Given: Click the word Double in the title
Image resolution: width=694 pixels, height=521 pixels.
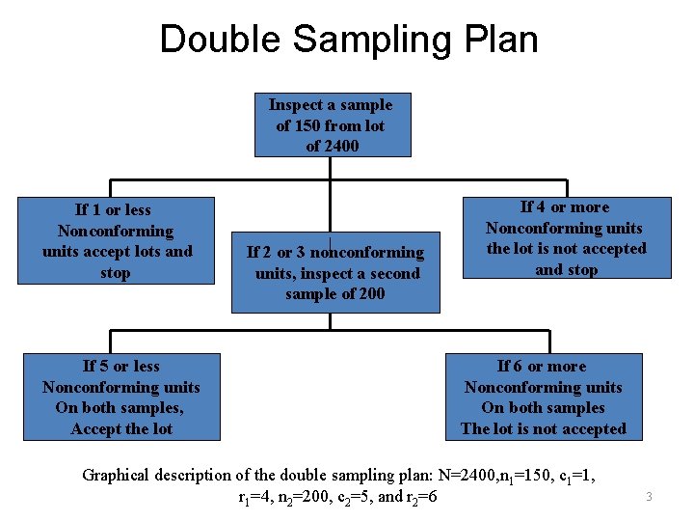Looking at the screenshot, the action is [x=220, y=40].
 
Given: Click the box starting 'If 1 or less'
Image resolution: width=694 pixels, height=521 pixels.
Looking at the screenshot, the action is [x=118, y=241].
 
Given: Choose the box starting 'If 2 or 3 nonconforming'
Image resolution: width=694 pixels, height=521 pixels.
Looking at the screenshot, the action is [x=335, y=273].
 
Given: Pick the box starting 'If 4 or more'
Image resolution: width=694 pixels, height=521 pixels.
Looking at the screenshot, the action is [x=566, y=238].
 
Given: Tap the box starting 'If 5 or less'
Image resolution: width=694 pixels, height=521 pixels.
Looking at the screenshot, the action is [x=121, y=398].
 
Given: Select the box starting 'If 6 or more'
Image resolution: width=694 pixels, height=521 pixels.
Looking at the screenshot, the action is [x=543, y=398].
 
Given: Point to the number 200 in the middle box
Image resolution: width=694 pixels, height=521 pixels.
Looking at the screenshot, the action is [x=368, y=294].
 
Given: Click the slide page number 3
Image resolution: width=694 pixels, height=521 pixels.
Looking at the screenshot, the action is [x=650, y=497].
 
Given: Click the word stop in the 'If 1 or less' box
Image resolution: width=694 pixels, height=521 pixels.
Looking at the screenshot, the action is [x=115, y=273].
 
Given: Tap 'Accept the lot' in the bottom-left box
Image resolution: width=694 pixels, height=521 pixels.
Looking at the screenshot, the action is [x=121, y=429].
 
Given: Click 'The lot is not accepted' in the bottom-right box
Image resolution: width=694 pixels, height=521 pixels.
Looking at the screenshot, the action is [x=543, y=429].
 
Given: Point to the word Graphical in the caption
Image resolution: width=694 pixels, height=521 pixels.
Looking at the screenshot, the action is [x=119, y=475].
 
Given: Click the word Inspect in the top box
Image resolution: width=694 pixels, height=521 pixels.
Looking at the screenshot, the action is [x=293, y=104].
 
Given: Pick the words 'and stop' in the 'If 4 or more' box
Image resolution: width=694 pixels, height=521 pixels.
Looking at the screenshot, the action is [x=566, y=270].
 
